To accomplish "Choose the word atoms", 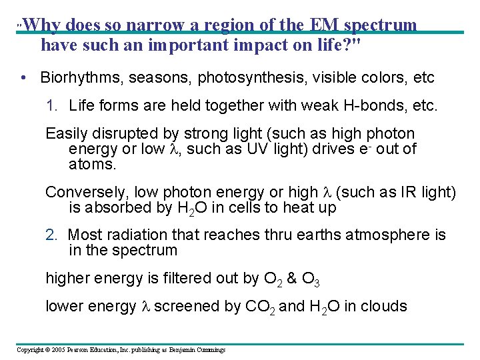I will point(87,163).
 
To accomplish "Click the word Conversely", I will point(86,193).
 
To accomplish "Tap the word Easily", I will point(67,134).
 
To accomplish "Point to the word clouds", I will point(384,307).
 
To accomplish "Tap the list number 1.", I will point(51,105).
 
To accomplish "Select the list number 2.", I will point(51,235).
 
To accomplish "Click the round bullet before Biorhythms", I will point(23,78).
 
